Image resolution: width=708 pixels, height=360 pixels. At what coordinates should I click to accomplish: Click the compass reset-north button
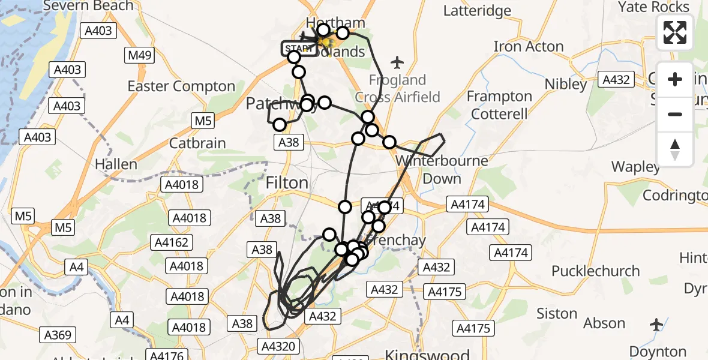tap(675, 149)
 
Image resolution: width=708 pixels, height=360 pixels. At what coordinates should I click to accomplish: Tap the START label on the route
tap(299, 49)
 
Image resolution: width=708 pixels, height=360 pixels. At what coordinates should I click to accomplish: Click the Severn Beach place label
tap(88, 6)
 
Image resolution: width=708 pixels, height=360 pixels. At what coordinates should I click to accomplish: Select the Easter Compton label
tap(181, 86)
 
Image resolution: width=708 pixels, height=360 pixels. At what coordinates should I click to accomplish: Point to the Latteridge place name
tap(477, 11)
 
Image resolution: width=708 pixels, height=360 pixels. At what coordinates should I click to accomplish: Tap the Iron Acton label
tap(529, 46)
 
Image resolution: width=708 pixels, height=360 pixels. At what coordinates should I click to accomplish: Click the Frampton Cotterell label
tap(499, 105)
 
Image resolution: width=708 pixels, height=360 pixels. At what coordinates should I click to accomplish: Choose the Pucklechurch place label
tap(596, 271)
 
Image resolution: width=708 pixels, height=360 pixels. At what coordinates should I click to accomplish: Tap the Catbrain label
tap(197, 143)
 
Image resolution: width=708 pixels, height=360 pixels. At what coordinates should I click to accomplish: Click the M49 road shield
tap(140, 56)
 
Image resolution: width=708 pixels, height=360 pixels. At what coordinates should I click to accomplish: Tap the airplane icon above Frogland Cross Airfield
tap(397, 62)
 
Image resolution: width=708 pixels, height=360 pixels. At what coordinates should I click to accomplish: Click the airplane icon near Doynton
tap(657, 325)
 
